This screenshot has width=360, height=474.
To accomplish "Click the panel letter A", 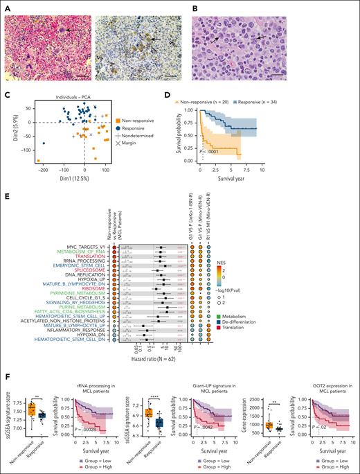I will pyautogui.click(x=5, y=5).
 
